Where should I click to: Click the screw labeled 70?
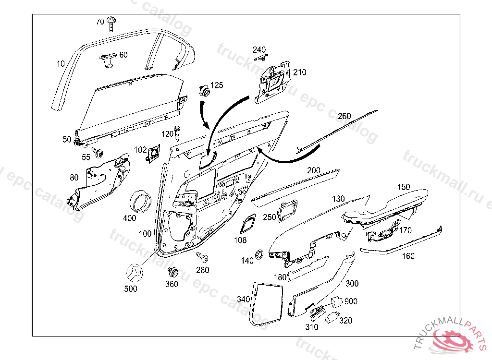[x=112, y=23]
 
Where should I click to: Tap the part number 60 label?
[x=123, y=55]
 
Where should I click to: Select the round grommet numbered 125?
[x=204, y=91]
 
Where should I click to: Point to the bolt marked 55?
[x=98, y=153]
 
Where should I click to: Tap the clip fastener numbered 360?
[x=172, y=273]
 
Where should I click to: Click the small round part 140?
[x=259, y=254]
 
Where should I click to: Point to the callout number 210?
[x=300, y=72]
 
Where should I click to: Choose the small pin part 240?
[x=260, y=58]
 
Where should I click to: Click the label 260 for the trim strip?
[x=344, y=116]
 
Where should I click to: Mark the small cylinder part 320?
[x=331, y=317]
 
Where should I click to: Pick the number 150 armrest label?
[x=403, y=187]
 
